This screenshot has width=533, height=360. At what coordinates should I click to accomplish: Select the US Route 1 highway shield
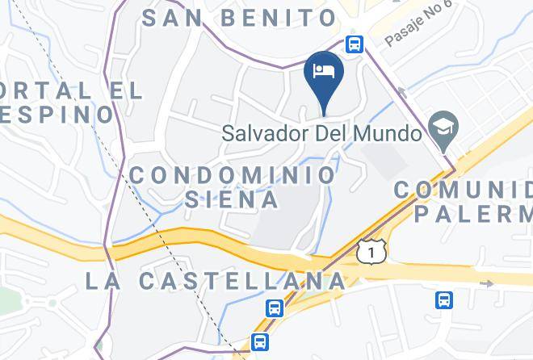(371, 252)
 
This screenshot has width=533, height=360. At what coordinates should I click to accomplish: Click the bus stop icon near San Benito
(354, 44)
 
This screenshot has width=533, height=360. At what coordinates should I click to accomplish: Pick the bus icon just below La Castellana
(275, 308)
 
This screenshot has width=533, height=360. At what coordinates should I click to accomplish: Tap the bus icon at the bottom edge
(259, 342)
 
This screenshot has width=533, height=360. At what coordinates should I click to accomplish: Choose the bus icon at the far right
(443, 300)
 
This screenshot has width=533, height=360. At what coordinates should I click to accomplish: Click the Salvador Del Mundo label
(322, 133)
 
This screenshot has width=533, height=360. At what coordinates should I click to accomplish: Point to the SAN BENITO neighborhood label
(239, 18)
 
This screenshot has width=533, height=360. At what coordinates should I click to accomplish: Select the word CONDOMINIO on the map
(233, 174)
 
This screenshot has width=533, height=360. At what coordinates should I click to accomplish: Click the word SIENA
(233, 199)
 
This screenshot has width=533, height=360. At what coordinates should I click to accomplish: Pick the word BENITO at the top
(278, 18)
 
